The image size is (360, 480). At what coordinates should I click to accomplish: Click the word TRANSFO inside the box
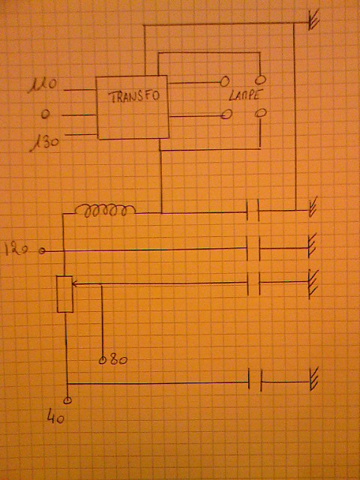[133, 96]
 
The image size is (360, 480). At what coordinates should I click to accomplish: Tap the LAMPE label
[244, 97]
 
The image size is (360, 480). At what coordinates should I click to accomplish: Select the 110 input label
[42, 86]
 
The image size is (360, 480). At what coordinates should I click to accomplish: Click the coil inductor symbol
[105, 210]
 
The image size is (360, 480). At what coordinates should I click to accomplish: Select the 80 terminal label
[118, 360]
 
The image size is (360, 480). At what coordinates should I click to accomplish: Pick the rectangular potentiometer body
[65, 294]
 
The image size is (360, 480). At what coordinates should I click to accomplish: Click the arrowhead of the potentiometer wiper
[75, 284]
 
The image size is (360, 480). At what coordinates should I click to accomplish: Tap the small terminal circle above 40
[67, 400]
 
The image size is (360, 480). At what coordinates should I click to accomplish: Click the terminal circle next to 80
[103, 361]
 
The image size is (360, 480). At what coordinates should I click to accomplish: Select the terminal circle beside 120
[42, 251]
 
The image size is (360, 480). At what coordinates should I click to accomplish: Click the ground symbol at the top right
[313, 20]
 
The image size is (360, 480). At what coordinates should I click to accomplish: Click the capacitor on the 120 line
[253, 248]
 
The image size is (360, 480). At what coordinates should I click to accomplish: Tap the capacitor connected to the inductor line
[253, 210]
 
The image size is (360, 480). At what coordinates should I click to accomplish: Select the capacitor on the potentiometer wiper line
[253, 283]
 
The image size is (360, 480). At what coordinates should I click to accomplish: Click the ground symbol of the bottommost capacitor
[313, 379]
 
